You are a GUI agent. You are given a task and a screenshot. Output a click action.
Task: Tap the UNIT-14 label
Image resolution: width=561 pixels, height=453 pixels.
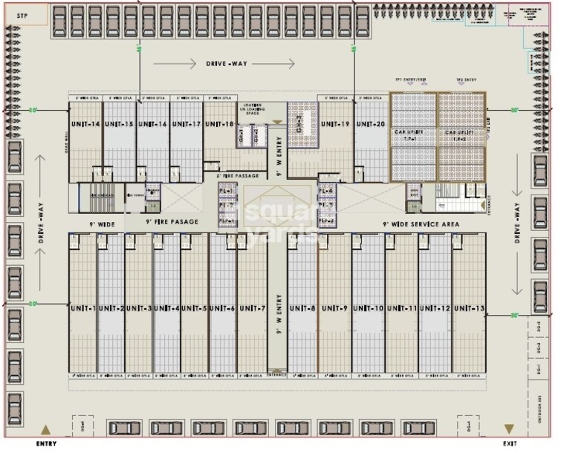(85, 124)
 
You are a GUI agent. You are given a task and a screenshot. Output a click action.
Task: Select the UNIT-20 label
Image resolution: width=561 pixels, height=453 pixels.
(370, 124)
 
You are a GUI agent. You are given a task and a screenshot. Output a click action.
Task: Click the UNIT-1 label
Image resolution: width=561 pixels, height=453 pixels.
(82, 308)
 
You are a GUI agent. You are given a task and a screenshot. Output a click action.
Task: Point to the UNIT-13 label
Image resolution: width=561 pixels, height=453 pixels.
(469, 308)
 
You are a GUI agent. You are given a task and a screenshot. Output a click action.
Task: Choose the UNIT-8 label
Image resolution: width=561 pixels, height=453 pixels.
(302, 308)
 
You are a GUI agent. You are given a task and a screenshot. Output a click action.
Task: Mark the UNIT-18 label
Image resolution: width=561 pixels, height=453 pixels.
(218, 124)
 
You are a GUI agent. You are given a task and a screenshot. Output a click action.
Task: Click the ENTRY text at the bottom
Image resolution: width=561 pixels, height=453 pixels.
(46, 443)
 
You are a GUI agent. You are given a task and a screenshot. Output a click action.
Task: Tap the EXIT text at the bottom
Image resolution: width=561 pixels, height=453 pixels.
(509, 443)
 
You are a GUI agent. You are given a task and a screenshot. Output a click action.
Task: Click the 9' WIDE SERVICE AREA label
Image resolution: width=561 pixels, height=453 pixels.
(420, 224)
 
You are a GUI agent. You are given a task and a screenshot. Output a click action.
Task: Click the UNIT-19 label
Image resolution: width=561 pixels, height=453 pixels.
(335, 124)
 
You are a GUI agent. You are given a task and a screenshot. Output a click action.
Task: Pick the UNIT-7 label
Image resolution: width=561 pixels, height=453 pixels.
(251, 308)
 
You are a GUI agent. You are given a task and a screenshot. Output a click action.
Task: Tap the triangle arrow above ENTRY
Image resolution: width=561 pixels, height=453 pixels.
(46, 430)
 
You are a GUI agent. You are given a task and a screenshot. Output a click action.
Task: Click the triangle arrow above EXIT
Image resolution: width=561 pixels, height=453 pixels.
(509, 429)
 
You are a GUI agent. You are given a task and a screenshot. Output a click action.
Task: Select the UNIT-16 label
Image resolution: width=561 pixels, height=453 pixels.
(152, 124)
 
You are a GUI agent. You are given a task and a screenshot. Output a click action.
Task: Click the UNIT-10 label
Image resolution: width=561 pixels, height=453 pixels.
(368, 308)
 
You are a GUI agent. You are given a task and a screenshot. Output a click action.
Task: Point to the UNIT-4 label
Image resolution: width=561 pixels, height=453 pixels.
(166, 308)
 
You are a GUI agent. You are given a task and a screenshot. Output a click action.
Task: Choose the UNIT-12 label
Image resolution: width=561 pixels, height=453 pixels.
(435, 308)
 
